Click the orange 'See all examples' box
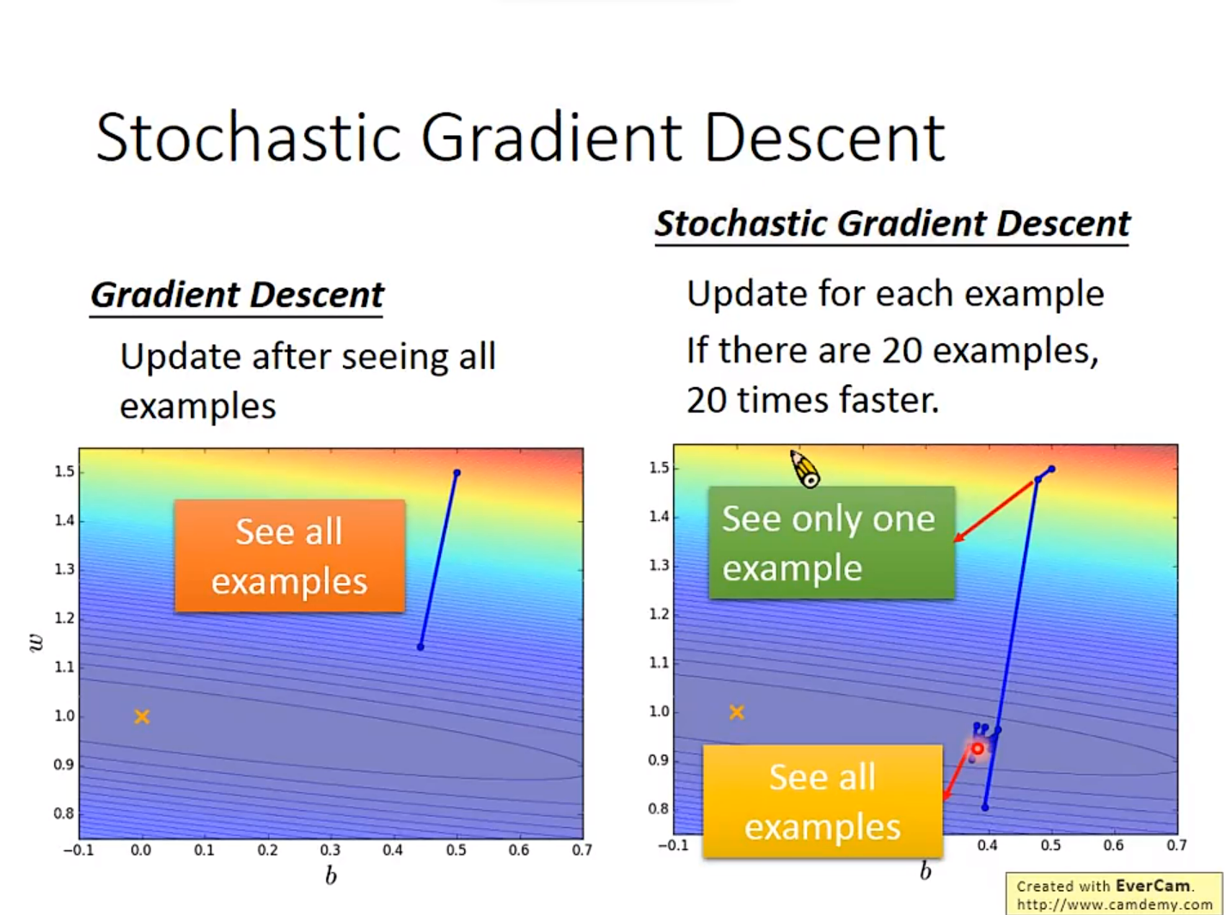[290, 556]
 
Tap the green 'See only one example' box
[832, 543]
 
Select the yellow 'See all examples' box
[823, 801]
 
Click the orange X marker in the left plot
[142, 716]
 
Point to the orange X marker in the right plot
[737, 712]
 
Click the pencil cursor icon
[805, 469]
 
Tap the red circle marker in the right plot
[977, 749]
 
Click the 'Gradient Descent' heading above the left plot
[236, 294]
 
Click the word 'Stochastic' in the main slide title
[248, 137]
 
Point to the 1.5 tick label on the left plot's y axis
[64, 471]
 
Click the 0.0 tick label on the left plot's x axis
[141, 851]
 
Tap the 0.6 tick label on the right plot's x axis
[1113, 845]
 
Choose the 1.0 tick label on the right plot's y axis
[658, 711]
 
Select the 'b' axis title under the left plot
[331, 875]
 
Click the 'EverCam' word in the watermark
[1153, 886]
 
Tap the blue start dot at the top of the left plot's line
[457, 473]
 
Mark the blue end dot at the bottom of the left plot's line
[420, 647]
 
